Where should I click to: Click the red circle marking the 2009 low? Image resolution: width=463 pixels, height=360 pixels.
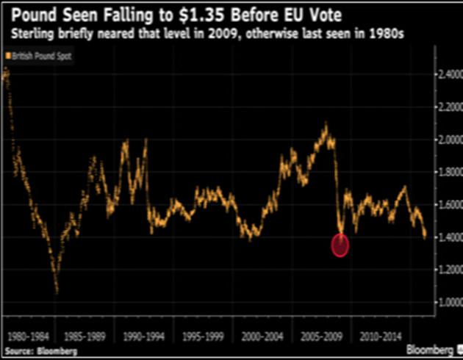pos(340,245)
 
